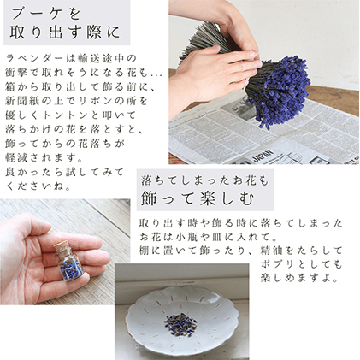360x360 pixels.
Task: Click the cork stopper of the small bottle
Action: click(x=62, y=246)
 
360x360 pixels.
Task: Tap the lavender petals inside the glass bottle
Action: click(x=71, y=269)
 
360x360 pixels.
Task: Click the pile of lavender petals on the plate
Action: click(x=180, y=324)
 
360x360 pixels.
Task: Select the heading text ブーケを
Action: click(x=46, y=15)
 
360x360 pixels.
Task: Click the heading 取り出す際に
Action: click(x=65, y=32)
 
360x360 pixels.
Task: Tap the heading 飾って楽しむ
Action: click(x=198, y=198)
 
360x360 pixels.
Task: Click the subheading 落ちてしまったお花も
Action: click(x=204, y=180)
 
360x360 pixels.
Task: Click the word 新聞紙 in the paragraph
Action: click(x=20, y=101)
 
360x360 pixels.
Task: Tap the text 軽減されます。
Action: click(x=44, y=157)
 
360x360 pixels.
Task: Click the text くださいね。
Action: click(x=38, y=186)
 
